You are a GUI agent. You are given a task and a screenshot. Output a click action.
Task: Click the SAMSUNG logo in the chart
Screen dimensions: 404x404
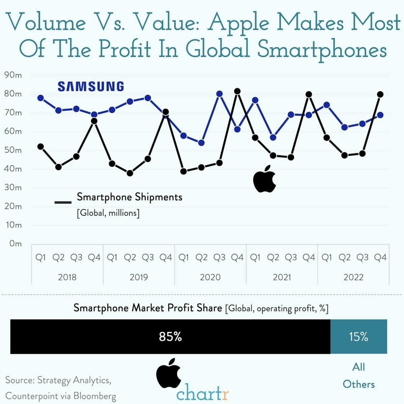coord(91,87)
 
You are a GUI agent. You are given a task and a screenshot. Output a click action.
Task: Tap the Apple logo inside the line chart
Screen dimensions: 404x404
coord(265,179)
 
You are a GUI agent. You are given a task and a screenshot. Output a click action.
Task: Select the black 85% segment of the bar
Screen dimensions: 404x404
coord(170,337)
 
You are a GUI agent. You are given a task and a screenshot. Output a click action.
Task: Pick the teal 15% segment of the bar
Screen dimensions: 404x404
coord(358,337)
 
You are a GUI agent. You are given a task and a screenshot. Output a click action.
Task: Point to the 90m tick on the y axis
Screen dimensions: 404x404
coord(13,75)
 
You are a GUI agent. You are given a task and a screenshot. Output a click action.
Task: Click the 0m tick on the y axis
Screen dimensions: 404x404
coord(15,243)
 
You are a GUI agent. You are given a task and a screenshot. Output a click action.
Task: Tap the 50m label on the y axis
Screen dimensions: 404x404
coord(13,150)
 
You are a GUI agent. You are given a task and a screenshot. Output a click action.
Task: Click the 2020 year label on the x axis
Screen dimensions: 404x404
coord(210,277)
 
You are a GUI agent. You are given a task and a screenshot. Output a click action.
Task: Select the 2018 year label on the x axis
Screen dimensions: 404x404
coord(67,277)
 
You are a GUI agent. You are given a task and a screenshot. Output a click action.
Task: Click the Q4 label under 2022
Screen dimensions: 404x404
coord(380,258)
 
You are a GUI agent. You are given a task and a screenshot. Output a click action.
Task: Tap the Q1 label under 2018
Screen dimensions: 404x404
coord(40,258)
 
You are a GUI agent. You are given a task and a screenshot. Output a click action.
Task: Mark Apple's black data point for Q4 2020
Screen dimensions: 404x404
coord(237,91)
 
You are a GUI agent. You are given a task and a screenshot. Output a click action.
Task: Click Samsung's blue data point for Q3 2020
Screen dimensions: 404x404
coord(219,94)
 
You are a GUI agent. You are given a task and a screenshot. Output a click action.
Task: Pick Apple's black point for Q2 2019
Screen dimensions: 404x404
coord(130,173)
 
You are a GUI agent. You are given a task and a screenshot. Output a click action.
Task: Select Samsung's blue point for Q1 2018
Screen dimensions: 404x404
coord(40,98)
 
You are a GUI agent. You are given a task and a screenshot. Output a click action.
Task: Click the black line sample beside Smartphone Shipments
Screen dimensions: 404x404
coord(63,202)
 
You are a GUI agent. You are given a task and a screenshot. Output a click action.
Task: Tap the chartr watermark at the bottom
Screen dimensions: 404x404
coord(202,394)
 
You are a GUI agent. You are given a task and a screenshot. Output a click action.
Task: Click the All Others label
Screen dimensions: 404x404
coord(358,375)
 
